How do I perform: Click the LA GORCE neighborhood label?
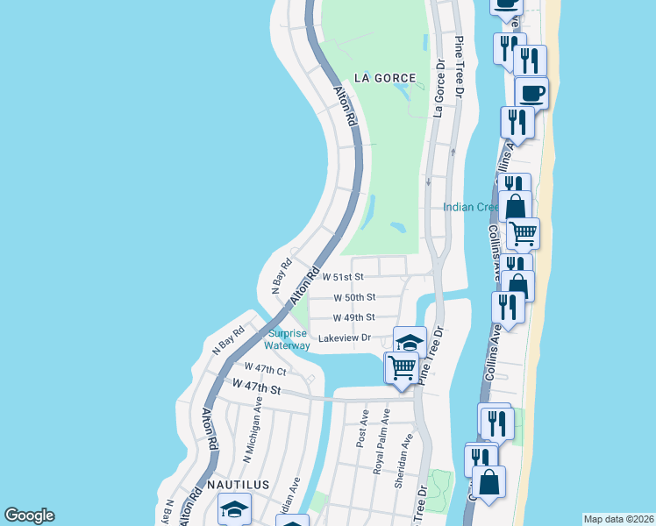click(x=383, y=78)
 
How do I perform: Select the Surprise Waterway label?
click(x=289, y=339)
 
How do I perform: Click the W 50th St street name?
click(x=354, y=297)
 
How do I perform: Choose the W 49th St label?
click(x=354, y=317)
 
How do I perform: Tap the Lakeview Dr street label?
click(x=346, y=338)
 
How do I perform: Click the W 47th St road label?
click(x=257, y=386)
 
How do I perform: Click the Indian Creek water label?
click(x=471, y=207)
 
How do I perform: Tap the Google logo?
click(x=29, y=515)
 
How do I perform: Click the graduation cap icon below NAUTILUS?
click(x=234, y=508)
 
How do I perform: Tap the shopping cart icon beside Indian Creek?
click(x=523, y=232)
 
